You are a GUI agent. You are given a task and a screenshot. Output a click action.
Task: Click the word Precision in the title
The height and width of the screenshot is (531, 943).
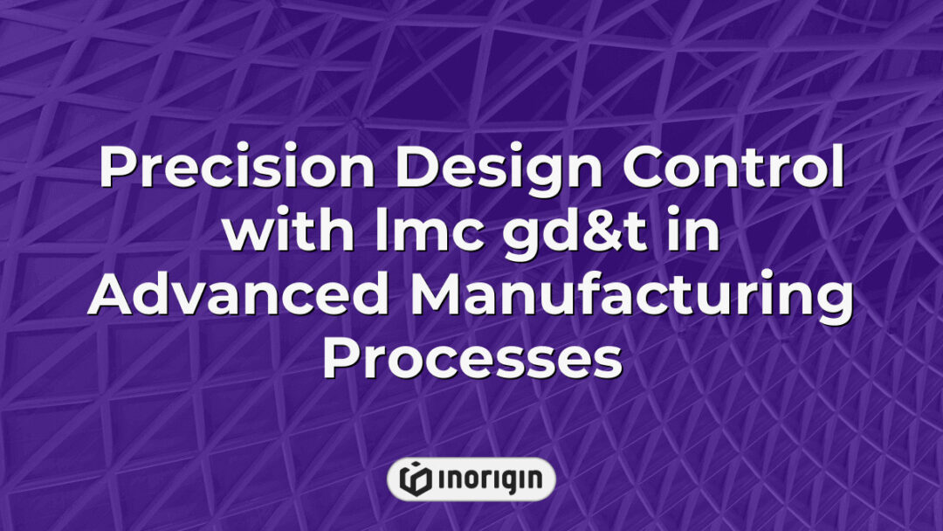tap(237, 167)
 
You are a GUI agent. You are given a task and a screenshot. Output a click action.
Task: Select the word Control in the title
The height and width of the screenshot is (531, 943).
tap(733, 167)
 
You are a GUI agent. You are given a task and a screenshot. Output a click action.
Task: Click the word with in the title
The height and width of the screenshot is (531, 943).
tap(288, 231)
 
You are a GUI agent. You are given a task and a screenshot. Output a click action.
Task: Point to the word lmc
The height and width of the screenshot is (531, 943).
tap(430, 231)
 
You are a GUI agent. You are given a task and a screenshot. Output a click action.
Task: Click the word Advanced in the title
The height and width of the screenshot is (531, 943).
tap(238, 294)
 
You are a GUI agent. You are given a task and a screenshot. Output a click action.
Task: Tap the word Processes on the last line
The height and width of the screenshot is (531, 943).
tap(472, 358)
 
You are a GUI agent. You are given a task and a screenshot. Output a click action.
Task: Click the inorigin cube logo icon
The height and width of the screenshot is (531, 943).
tap(415, 479)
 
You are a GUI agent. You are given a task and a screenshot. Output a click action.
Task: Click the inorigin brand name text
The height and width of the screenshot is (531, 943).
tap(490, 479)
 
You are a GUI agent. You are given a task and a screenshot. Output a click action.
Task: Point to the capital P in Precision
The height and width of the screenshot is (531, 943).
tap(118, 168)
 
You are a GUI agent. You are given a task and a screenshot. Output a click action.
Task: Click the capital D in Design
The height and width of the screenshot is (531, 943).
tap(416, 168)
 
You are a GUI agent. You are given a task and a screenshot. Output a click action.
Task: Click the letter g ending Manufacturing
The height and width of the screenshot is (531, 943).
tap(836, 304)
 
